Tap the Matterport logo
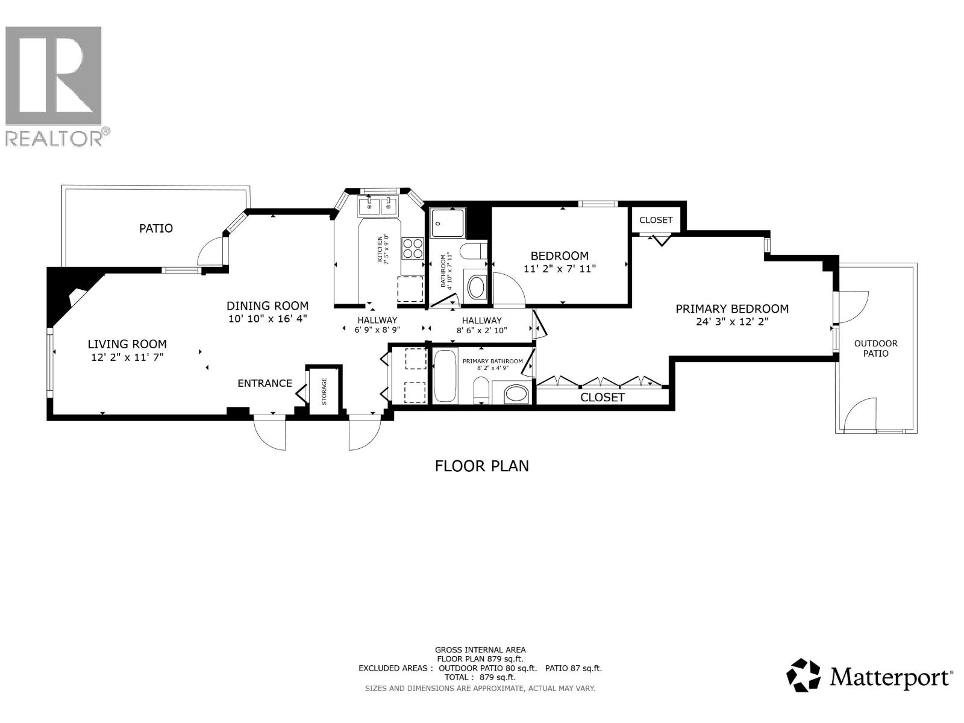(869, 675)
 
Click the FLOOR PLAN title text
(481, 466)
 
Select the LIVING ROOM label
(127, 344)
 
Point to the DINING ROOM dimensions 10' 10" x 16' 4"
(268, 319)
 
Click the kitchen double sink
(378, 207)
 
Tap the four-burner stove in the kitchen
(413, 249)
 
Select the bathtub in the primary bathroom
(445, 376)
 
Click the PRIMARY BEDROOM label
(731, 309)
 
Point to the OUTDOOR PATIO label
(875, 348)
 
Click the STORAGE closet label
(324, 391)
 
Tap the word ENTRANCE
(264, 383)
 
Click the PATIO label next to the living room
(156, 228)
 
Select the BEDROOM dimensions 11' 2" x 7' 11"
(560, 269)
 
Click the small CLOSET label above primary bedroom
(656, 220)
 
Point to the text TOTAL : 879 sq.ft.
(480, 677)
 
